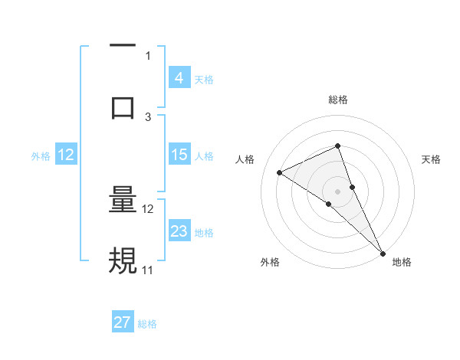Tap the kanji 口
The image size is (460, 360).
(123, 106)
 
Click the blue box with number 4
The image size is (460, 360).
(179, 77)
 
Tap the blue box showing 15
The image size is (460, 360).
(179, 155)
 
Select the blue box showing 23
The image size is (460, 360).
(179, 231)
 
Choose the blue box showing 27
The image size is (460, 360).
(123, 322)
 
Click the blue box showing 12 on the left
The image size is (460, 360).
(66, 155)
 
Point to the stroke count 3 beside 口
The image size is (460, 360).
(148, 116)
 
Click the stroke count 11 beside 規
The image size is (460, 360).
(148, 270)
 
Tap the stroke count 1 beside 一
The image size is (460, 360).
(148, 55)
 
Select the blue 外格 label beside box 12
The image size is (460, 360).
(41, 156)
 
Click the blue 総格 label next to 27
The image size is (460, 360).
(147, 324)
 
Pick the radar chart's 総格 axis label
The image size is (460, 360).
(338, 100)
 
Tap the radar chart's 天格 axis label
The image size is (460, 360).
(432, 159)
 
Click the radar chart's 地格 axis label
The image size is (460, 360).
(402, 262)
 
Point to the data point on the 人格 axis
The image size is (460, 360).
(280, 172)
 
